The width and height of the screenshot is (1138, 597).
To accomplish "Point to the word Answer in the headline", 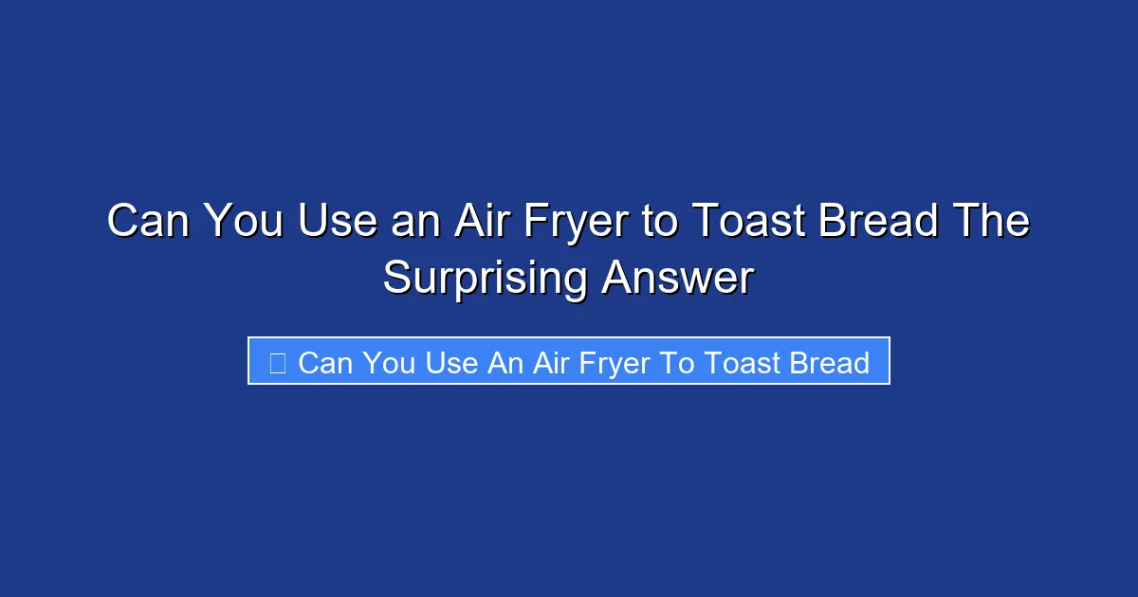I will click(x=677, y=279).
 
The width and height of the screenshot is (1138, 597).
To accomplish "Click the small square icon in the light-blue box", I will click(x=278, y=363).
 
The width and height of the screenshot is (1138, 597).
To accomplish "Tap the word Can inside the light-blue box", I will click(x=324, y=363).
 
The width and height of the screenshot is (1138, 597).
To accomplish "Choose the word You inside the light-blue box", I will click(x=389, y=363).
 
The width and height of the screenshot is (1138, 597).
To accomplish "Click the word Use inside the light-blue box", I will click(x=450, y=363).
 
